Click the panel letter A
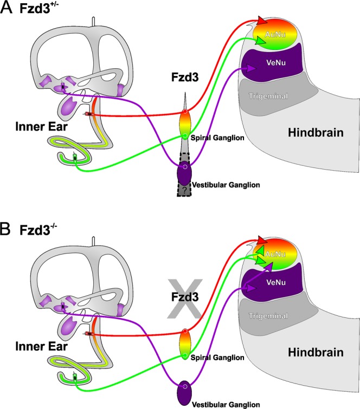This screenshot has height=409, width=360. tap(8, 9)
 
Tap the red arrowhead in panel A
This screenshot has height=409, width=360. tap(262, 20)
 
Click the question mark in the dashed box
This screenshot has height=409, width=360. tap(185, 190)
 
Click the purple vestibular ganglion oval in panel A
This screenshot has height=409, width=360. tap(185, 173)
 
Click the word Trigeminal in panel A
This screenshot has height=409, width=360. tap(269, 96)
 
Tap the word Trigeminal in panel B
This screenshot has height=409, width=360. tap(269, 314)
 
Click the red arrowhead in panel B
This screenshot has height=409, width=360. tap(262, 239)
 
